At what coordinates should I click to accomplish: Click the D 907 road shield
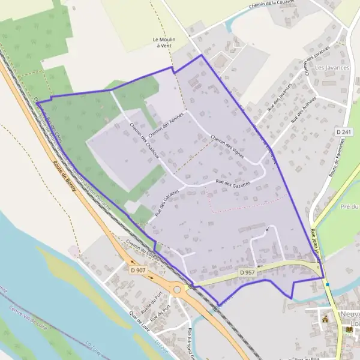click(138, 270)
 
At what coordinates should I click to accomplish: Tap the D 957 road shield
click(247, 272)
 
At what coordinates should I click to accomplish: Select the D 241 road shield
click(343, 131)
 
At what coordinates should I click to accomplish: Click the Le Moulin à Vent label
click(163, 42)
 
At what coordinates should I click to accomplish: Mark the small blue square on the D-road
click(328, 284)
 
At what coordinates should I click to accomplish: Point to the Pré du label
click(350, 206)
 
